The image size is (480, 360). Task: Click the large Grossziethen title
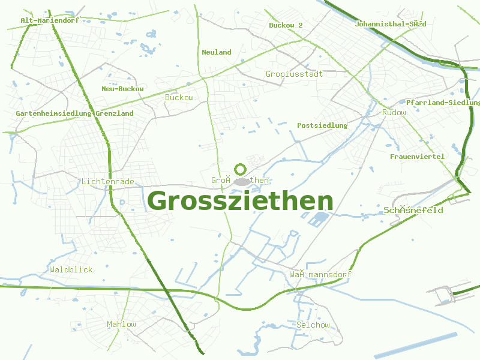(240, 201)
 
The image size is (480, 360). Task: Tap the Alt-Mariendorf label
(50, 20)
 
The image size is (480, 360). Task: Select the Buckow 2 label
(286, 25)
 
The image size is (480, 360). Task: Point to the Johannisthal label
(390, 24)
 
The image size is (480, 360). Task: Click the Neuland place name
(217, 52)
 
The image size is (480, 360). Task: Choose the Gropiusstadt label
(294, 74)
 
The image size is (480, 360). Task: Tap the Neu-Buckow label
(122, 89)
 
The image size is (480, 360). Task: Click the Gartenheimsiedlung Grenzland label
(74, 113)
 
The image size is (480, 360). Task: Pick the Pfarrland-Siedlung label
(443, 103)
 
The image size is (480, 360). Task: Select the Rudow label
(394, 112)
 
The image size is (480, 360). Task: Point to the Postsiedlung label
(322, 125)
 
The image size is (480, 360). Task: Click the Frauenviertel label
(417, 157)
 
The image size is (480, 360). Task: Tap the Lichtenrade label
(107, 181)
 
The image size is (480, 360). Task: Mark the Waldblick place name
(71, 269)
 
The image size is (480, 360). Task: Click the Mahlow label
(121, 324)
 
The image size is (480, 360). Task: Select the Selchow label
(313, 325)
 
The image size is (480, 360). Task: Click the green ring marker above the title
(241, 169)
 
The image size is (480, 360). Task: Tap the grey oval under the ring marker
(242, 181)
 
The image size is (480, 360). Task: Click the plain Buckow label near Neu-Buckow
(179, 97)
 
